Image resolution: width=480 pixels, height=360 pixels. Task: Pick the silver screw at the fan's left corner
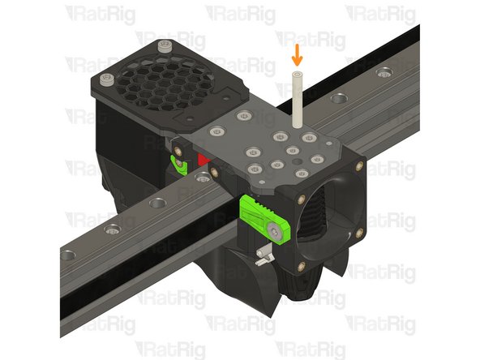point(109,79)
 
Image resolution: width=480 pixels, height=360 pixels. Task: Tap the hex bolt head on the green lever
point(278,233)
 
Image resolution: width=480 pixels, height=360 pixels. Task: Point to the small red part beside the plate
point(200,156)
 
